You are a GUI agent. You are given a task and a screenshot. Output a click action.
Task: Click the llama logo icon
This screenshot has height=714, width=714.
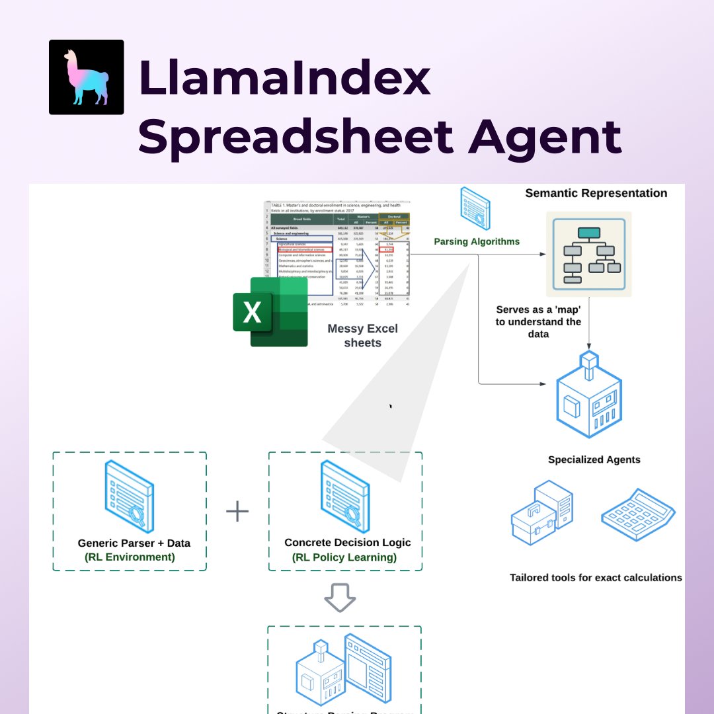click(87, 77)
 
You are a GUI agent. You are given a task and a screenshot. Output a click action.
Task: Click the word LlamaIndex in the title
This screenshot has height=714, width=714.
click(284, 78)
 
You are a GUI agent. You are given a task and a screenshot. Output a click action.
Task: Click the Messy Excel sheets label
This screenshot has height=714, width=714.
click(362, 335)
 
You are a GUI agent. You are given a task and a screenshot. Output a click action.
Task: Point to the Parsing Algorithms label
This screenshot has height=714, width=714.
click(477, 242)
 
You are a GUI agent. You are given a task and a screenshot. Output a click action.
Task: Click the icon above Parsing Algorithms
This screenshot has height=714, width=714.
click(475, 207)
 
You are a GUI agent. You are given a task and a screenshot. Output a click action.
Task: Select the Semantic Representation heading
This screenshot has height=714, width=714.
click(596, 193)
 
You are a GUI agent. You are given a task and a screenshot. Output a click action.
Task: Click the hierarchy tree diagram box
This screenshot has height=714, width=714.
click(588, 254)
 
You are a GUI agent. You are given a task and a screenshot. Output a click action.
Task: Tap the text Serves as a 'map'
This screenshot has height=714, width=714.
click(538, 309)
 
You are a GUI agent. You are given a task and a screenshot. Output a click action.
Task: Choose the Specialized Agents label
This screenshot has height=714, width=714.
click(594, 459)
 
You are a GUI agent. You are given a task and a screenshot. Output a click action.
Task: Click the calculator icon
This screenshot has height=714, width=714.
click(638, 516)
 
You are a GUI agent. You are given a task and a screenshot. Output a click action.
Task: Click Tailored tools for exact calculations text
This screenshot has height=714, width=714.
click(596, 577)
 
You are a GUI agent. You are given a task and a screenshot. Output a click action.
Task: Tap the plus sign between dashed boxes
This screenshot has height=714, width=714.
click(237, 511)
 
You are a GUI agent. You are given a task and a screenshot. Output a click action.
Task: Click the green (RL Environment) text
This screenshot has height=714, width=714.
click(130, 557)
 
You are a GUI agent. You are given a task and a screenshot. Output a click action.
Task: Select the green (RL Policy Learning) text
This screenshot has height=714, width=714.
click(344, 557)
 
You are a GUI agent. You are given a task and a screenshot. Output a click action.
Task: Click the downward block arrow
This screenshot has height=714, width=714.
click(340, 598)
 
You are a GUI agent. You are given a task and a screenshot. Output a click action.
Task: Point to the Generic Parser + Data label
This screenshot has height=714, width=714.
click(134, 543)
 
